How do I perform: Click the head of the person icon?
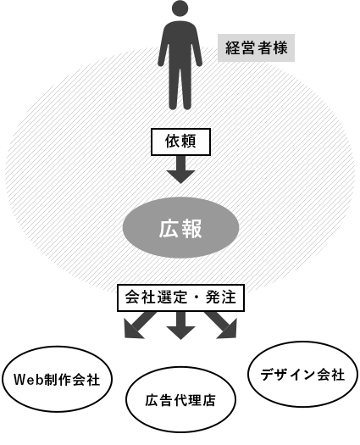pyautogui.click(x=180, y=9)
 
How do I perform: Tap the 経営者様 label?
pyautogui.click(x=256, y=47)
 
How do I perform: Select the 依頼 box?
pyautogui.click(x=180, y=142)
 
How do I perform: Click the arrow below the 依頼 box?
pyautogui.click(x=180, y=170)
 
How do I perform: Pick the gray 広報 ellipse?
pyautogui.click(x=180, y=228)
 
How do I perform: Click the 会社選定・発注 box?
pyautogui.click(x=180, y=298)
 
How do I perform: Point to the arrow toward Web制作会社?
pyautogui.click(x=138, y=325)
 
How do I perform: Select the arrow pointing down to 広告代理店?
pyautogui.click(x=180, y=325)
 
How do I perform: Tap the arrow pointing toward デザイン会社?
pyautogui.click(x=222, y=325)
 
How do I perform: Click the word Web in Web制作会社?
pyautogui.click(x=28, y=380)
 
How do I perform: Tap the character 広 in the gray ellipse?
pyautogui.click(x=169, y=228)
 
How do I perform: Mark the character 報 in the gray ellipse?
pyautogui.click(x=191, y=228)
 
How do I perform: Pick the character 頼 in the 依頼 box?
pyautogui.click(x=188, y=141)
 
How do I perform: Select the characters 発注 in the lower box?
pyautogui.click(x=221, y=298)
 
